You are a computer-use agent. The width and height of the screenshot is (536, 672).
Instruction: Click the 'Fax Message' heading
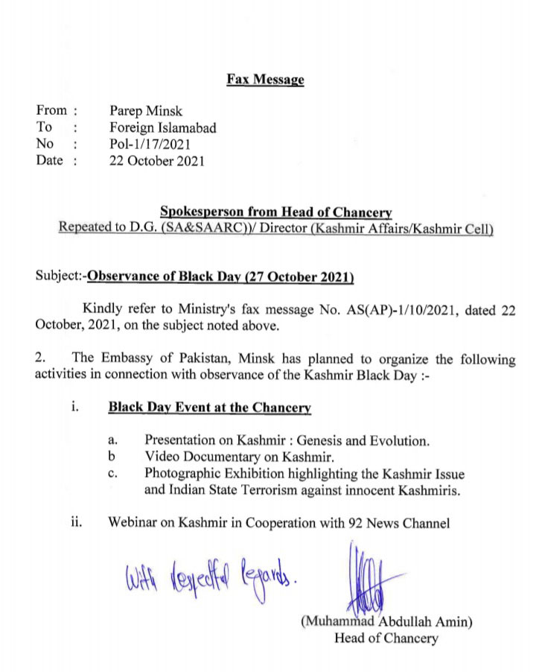(x=266, y=80)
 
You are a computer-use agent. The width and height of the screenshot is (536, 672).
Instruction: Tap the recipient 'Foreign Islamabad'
(x=163, y=128)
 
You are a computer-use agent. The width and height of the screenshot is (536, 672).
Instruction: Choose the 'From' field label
(x=51, y=112)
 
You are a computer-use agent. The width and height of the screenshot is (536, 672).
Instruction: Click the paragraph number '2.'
(x=41, y=359)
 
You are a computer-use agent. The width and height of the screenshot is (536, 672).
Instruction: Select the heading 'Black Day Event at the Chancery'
(x=209, y=408)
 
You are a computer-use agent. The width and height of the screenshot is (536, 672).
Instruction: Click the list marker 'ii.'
(x=75, y=523)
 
